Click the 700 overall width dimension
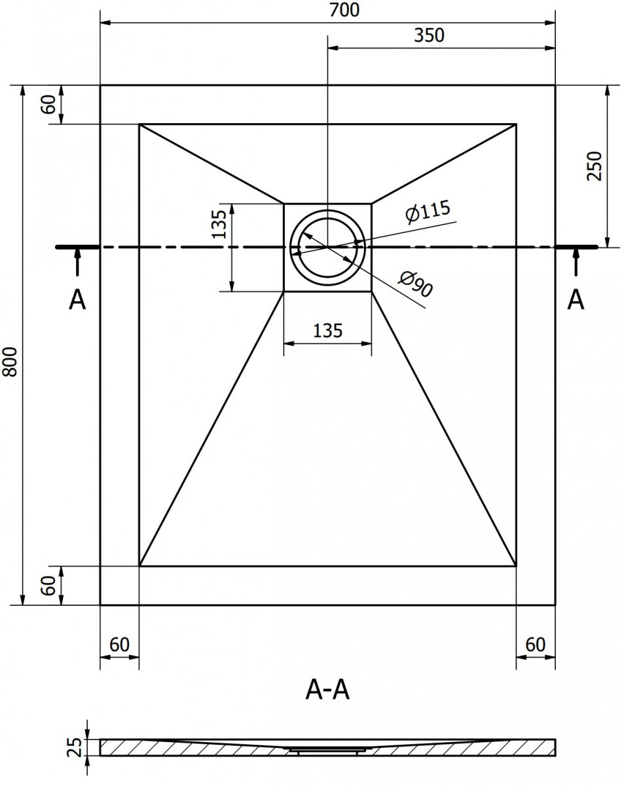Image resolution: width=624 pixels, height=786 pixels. (344, 10)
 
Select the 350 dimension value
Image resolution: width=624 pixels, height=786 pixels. (429, 35)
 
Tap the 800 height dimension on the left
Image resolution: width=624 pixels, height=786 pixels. (10, 362)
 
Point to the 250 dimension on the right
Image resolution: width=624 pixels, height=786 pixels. (594, 166)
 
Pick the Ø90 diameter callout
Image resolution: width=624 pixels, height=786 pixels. (416, 284)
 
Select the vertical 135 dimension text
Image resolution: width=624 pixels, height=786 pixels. (219, 224)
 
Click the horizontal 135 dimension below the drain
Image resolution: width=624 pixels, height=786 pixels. (327, 331)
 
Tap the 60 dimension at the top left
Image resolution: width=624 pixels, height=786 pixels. (48, 104)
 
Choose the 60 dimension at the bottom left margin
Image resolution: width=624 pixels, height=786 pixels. (48, 586)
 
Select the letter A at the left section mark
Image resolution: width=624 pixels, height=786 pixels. (77, 300)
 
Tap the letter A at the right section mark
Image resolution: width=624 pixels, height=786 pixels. (576, 300)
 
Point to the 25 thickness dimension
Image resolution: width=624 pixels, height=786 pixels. (75, 747)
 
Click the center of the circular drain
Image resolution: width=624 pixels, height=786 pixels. (327, 248)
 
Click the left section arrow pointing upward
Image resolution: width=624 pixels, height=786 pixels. (77, 262)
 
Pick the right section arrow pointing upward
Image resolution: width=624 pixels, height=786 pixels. (576, 262)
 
